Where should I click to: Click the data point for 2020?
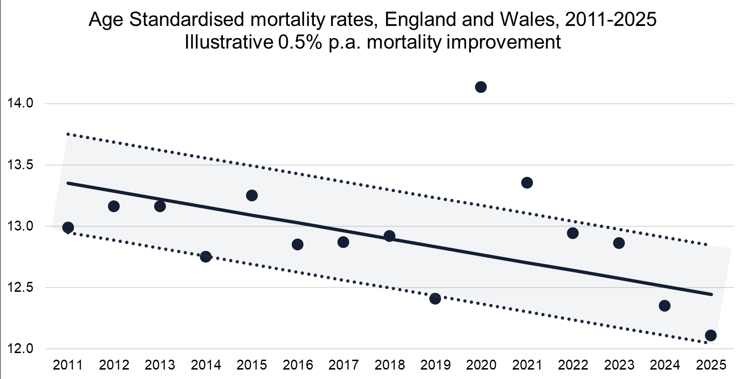(481, 87)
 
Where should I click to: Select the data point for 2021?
(527, 182)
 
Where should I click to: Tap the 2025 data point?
(711, 335)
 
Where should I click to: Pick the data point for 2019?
(435, 298)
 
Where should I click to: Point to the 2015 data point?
(252, 195)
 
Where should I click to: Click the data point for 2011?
(68, 227)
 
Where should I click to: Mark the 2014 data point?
(205, 256)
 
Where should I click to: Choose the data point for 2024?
(664, 305)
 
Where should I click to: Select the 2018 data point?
(389, 236)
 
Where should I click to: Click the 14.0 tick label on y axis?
(20, 103)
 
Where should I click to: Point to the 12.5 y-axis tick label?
(20, 288)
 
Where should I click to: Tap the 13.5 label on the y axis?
(20, 165)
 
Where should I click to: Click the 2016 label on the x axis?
(297, 365)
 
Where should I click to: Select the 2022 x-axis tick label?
(573, 365)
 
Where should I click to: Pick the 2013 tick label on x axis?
(160, 365)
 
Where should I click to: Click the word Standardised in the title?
(186, 20)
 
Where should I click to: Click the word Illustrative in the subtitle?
(229, 42)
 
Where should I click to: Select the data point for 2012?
(114, 206)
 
